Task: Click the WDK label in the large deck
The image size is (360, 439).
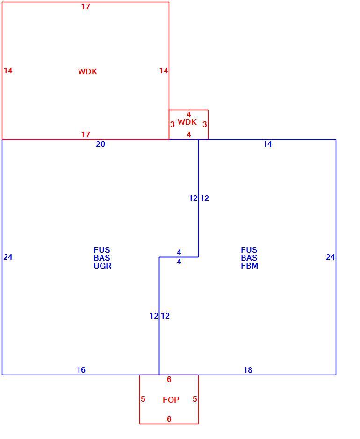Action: (x=87, y=71)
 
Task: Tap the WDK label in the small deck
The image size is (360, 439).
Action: (x=187, y=122)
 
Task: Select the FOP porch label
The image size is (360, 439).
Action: (x=171, y=399)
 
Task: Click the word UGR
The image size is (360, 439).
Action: (x=102, y=266)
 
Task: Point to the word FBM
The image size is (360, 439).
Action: (x=249, y=266)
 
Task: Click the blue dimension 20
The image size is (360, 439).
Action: (x=101, y=144)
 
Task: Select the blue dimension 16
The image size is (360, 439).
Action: (x=81, y=370)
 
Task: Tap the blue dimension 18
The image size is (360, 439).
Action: (x=248, y=370)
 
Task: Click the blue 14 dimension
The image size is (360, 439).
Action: (x=267, y=144)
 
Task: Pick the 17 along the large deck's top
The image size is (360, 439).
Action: (x=86, y=7)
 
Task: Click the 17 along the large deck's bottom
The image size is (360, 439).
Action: (x=86, y=135)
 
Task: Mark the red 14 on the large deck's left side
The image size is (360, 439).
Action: (x=8, y=71)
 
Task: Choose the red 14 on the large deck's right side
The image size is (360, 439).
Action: (x=164, y=71)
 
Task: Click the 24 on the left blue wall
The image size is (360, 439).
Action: (x=8, y=257)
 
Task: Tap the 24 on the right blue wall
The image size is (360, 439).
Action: (x=330, y=257)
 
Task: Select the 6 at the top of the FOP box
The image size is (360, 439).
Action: (x=169, y=379)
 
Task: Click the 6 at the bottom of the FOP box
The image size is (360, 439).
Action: (x=169, y=419)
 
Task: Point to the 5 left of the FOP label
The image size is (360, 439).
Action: (x=143, y=399)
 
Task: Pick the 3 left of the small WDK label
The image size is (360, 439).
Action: (x=173, y=124)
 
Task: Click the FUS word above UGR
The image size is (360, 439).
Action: (x=102, y=250)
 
